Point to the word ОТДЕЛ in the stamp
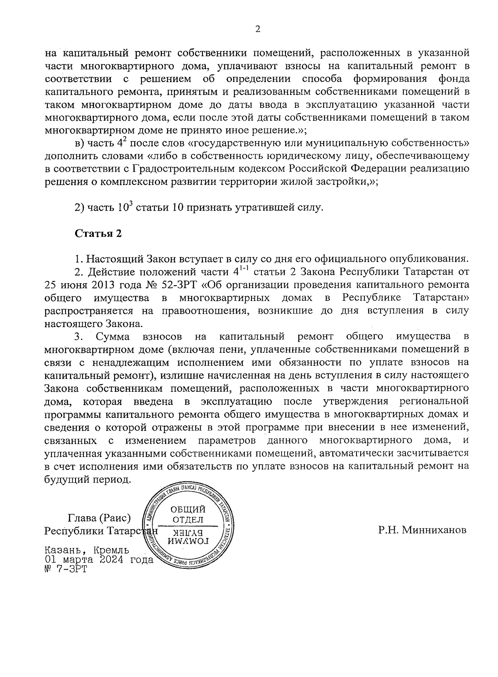[188, 520]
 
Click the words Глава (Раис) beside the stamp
[99, 518]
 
